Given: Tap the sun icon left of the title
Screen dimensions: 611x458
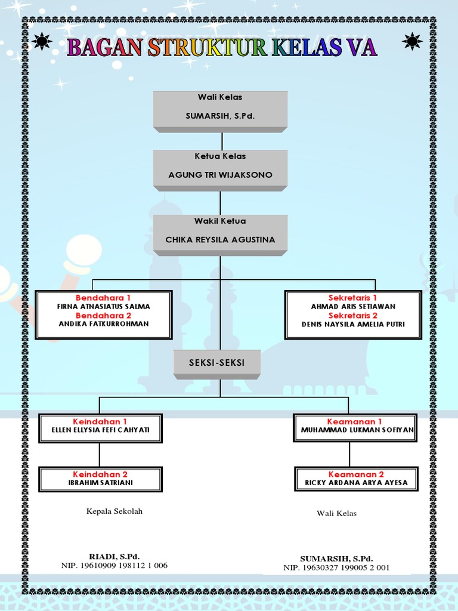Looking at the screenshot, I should [x=42, y=41].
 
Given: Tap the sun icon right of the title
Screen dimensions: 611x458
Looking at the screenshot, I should [x=412, y=41].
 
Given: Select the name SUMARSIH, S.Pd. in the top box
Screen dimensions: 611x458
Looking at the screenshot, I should [x=220, y=116].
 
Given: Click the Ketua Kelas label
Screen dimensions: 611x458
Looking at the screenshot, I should [x=220, y=156].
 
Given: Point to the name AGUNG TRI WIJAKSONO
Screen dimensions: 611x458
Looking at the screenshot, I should [x=220, y=175].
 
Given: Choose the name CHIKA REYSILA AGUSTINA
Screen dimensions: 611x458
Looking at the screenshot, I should [x=220, y=239].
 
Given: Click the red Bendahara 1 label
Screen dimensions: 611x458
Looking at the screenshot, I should [x=103, y=297].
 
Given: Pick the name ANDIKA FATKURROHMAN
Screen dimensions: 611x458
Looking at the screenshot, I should [x=104, y=324].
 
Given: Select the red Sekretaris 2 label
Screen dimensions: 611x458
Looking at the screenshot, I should [x=353, y=315].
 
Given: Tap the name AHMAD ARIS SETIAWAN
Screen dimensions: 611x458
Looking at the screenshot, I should [x=353, y=306].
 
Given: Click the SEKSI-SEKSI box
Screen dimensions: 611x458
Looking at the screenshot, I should [x=216, y=362].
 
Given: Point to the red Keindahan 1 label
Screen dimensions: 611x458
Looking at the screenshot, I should [x=100, y=421].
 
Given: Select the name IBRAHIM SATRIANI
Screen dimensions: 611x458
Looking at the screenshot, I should [x=100, y=483].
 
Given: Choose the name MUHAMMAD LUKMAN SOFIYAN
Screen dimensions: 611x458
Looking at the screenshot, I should [x=355, y=430].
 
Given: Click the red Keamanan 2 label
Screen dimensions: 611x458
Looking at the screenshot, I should [x=356, y=474].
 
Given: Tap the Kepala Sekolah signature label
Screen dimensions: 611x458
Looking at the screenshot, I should [x=114, y=511].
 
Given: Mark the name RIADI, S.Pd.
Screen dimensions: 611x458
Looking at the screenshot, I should [x=114, y=556].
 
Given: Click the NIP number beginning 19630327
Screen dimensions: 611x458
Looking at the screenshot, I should [x=336, y=567].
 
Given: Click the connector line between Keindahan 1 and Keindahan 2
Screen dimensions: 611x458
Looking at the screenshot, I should [x=100, y=455].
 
